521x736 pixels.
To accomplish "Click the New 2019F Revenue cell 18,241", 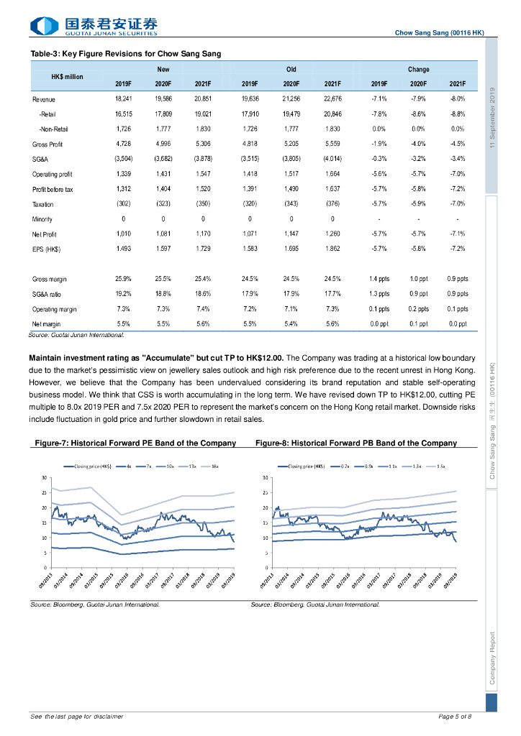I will [x=123, y=98].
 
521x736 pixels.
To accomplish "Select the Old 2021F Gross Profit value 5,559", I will [x=332, y=144].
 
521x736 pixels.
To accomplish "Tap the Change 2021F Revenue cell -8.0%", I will [x=458, y=98].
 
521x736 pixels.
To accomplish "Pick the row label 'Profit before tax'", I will [x=53, y=189].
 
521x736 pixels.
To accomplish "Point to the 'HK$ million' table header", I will [x=68, y=77].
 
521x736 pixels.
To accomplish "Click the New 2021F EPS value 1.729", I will [x=203, y=249].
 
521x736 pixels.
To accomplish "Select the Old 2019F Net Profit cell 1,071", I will [x=249, y=234].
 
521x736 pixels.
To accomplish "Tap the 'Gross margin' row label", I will [x=50, y=279].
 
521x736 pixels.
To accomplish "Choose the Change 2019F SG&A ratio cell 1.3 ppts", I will [x=379, y=294].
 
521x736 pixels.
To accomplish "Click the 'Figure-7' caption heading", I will [x=135, y=443].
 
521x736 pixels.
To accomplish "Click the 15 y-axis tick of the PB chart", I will [x=266, y=523].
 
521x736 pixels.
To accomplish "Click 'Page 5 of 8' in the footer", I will [x=455, y=717].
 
